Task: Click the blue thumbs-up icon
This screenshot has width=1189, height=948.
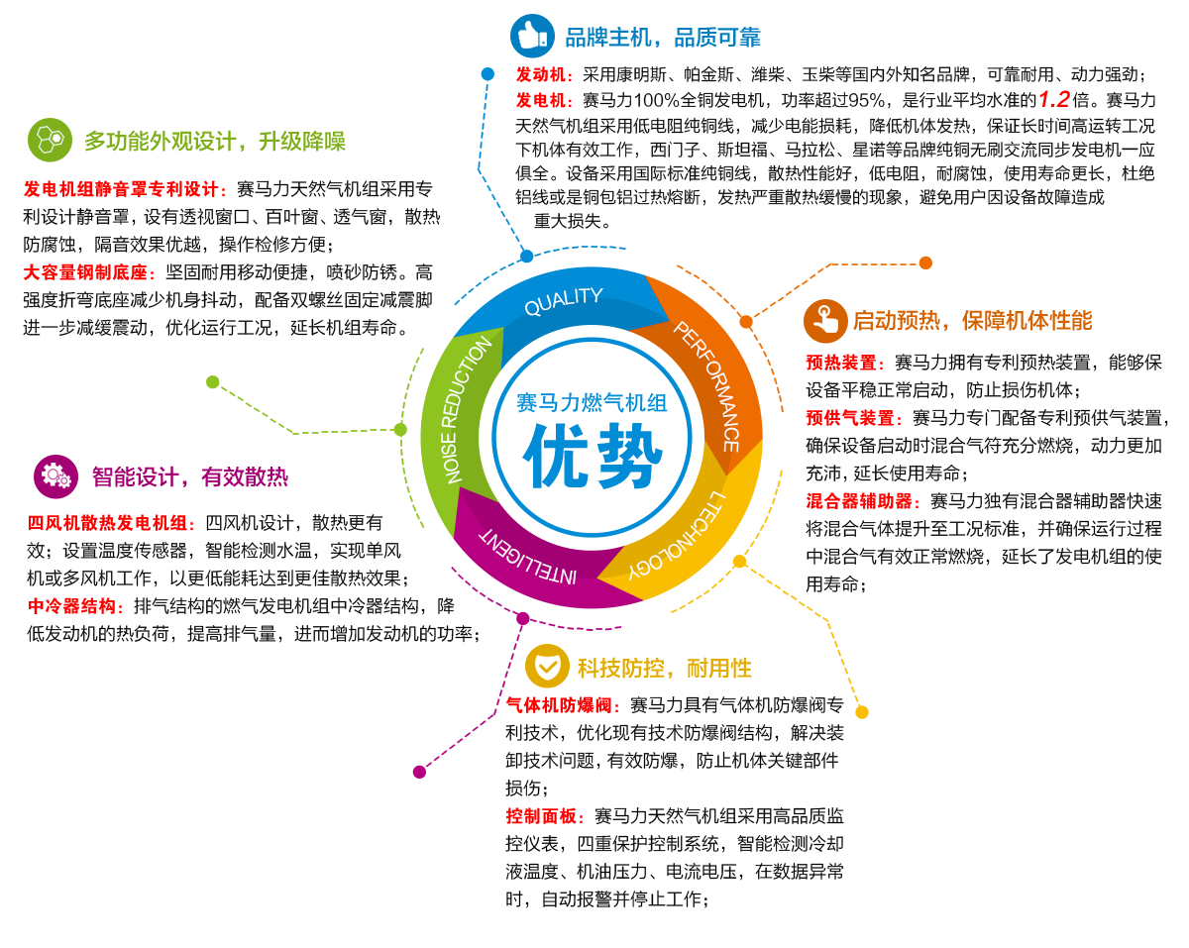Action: (532, 37)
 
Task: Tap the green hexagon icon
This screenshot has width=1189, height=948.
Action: (50, 140)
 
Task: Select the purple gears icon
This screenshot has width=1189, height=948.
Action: (54, 476)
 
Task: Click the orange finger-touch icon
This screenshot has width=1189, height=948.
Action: (824, 320)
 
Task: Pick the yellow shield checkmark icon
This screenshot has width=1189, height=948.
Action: (546, 667)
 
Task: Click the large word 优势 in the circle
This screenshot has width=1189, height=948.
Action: (592, 456)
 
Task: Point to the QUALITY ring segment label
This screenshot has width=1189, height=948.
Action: (563, 301)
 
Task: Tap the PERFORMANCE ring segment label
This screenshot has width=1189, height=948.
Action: (706, 385)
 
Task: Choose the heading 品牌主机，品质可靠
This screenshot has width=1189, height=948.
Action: (662, 39)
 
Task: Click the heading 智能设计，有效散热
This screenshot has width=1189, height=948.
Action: (189, 477)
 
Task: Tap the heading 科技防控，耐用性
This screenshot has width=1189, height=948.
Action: (665, 668)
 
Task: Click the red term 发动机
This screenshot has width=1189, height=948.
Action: (540, 74)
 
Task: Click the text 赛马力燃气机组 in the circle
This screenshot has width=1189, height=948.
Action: (592, 402)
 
